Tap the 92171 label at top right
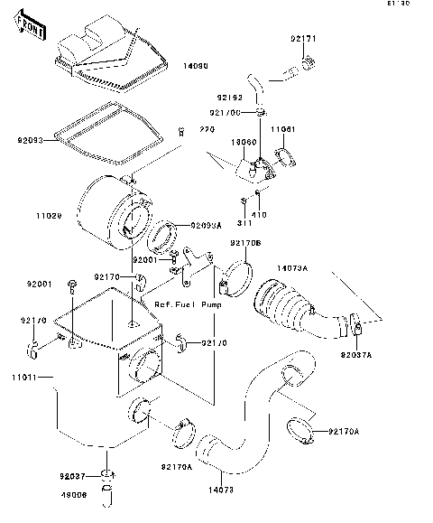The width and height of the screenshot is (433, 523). [x=303, y=40]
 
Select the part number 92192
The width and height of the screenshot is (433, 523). [x=228, y=95]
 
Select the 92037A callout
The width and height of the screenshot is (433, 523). [x=357, y=355]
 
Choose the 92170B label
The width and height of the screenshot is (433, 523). [x=244, y=243]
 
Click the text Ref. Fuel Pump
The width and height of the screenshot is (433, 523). [x=188, y=304]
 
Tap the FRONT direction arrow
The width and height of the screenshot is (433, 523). [x=32, y=29]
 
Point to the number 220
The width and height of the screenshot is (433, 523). [x=207, y=130]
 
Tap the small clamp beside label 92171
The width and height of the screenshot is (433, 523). [x=309, y=62]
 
